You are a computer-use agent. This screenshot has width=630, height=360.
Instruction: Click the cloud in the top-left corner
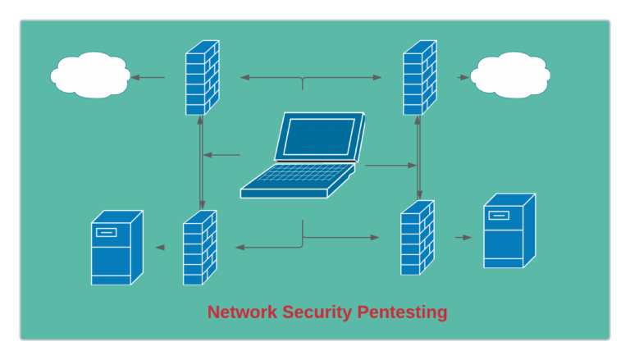click(89, 75)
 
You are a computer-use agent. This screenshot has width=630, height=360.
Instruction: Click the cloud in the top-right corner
click(509, 75)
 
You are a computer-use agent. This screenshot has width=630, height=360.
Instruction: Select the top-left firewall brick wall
click(202, 77)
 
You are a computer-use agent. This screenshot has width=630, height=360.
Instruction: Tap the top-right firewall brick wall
click(419, 77)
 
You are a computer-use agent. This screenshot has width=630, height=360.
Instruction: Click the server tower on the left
click(116, 248)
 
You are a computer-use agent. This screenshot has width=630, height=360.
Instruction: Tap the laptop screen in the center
click(319, 136)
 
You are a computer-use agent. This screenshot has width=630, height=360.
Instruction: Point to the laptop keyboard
click(296, 179)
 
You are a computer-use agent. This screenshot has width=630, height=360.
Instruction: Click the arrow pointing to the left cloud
click(148, 78)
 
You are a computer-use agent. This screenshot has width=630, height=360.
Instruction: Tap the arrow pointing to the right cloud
click(463, 78)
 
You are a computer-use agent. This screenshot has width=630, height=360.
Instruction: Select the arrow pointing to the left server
click(161, 247)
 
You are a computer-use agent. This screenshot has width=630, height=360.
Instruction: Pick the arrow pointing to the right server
click(463, 238)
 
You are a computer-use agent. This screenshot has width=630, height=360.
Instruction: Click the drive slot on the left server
click(106, 232)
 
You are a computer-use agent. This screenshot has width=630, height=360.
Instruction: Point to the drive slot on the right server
click(499, 216)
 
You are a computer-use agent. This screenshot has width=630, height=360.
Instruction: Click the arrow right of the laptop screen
click(390, 166)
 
